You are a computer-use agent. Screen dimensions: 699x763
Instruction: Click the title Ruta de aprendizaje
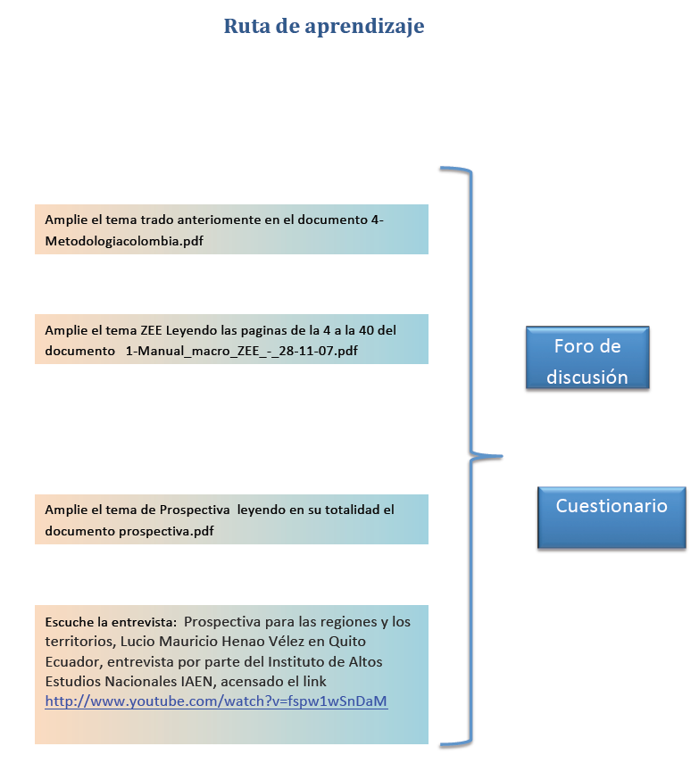(324, 26)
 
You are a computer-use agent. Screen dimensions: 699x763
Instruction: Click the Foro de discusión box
(587, 357)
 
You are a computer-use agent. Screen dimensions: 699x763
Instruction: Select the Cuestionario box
(612, 518)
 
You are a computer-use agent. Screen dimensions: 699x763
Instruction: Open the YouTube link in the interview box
(216, 701)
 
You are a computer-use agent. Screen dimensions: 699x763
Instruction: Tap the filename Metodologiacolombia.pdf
(124, 241)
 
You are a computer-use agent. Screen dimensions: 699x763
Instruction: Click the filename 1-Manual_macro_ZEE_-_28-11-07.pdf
(241, 351)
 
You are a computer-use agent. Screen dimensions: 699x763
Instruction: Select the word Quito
(347, 642)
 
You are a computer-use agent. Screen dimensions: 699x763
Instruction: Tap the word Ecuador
(72, 662)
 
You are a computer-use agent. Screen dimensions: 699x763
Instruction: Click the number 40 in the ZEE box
(366, 330)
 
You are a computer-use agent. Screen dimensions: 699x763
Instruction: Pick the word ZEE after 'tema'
(151, 330)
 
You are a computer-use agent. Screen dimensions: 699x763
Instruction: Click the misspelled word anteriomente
(219, 220)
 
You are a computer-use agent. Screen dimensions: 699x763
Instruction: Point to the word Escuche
(69, 622)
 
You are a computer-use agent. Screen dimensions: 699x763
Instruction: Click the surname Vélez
(287, 642)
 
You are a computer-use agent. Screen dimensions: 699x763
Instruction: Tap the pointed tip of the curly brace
(502, 456)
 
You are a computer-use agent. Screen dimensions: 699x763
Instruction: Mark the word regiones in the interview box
(348, 622)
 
